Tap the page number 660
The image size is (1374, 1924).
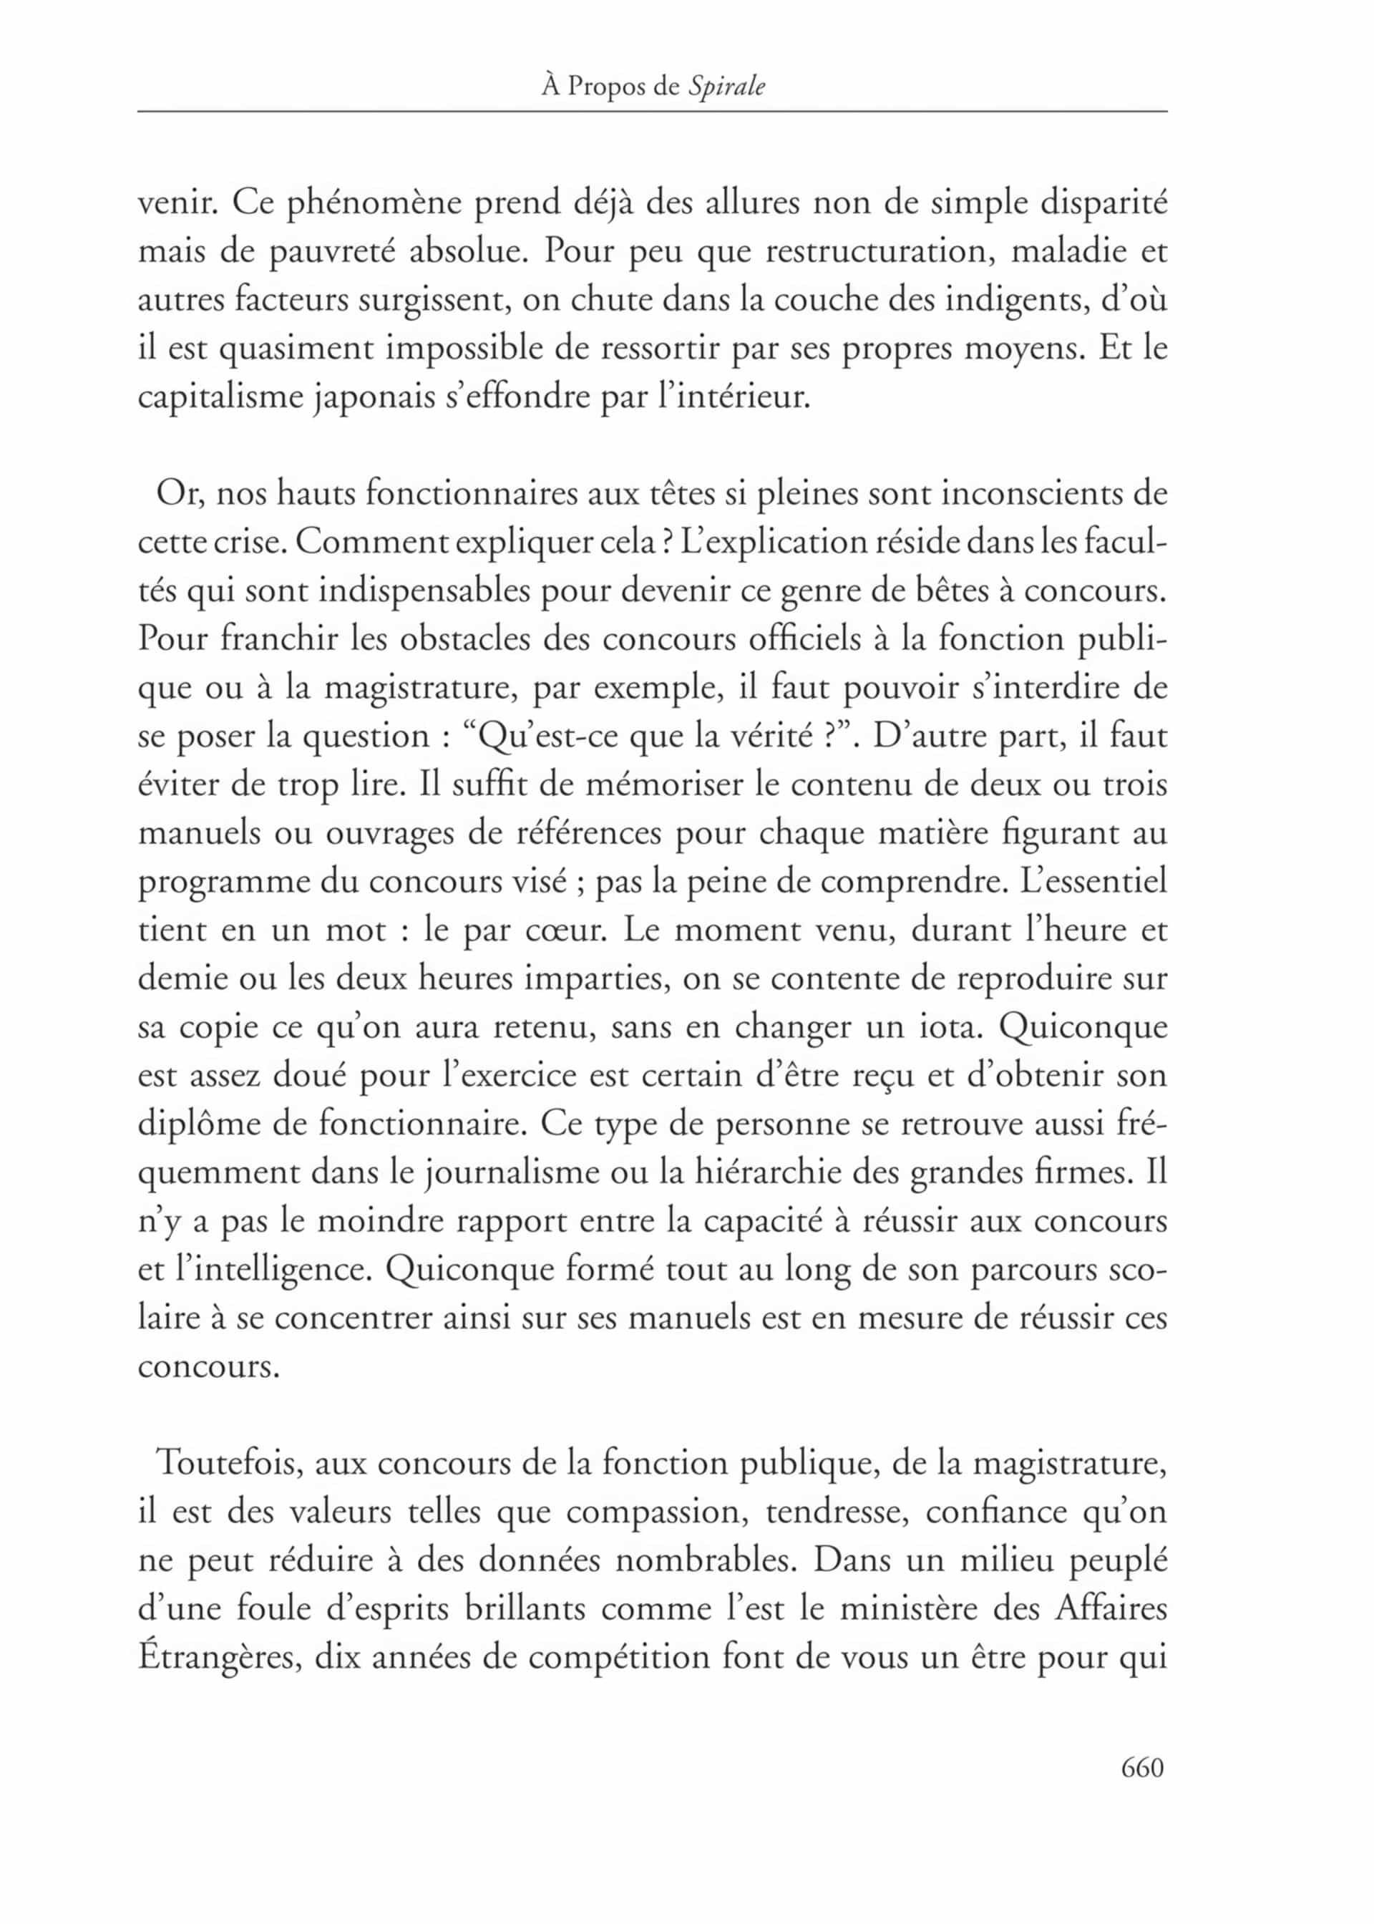click(x=1142, y=1767)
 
